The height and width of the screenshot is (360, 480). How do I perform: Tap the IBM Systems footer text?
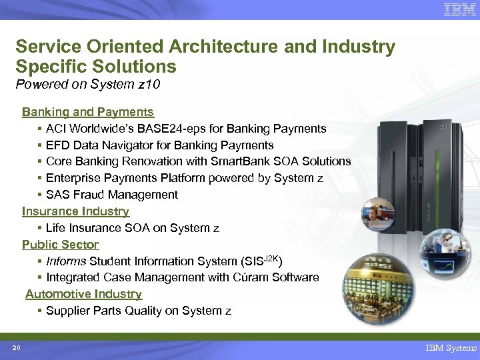coord(451,348)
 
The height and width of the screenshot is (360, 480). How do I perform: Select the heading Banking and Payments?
coord(88,112)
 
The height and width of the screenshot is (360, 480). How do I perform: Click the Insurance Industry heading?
coord(75,211)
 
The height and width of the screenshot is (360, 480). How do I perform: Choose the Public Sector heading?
coord(60,245)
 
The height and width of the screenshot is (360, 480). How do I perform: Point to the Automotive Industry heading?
coord(83,294)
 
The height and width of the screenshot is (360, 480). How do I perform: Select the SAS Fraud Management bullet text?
coord(112,195)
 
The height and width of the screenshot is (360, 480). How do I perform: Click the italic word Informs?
coord(66,261)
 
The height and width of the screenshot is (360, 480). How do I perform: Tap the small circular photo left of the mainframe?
coord(377,214)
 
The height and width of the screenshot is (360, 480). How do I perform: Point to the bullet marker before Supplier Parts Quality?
coord(41,311)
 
